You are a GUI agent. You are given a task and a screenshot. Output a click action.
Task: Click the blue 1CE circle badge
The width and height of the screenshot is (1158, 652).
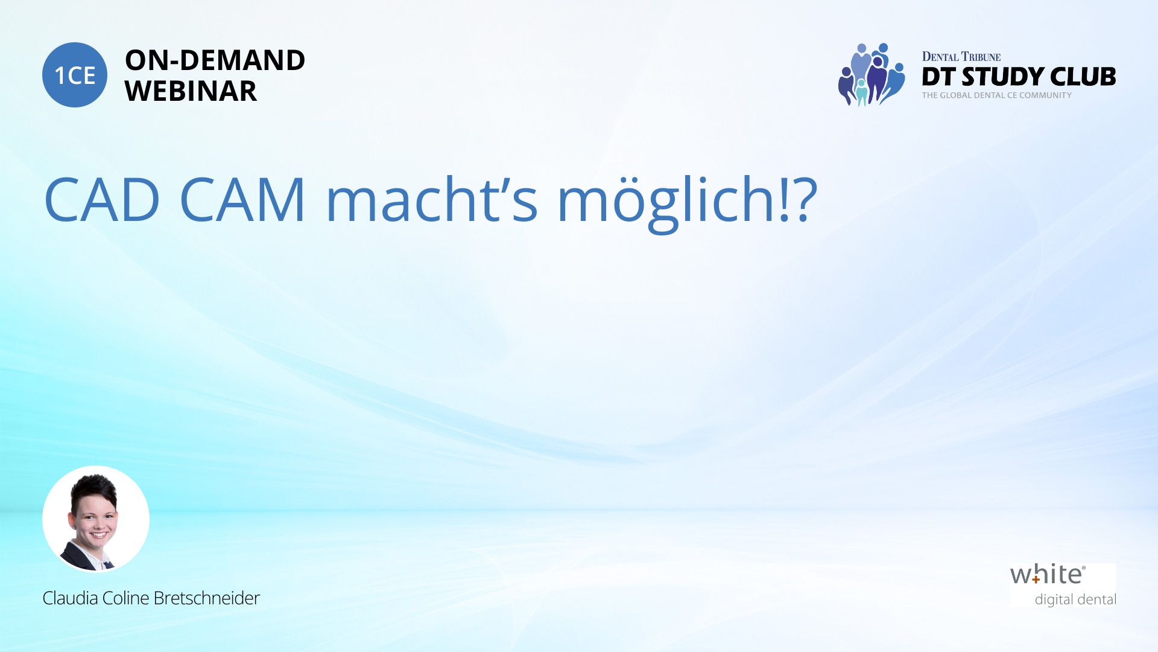(75, 75)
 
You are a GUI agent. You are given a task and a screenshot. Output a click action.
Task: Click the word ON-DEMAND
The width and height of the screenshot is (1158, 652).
(215, 60)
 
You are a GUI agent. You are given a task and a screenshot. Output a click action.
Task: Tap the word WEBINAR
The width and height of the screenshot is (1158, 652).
(191, 91)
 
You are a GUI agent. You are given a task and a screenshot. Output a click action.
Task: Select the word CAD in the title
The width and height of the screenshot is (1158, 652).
(102, 199)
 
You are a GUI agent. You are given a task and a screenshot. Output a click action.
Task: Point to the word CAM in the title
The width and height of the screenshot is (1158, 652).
(242, 199)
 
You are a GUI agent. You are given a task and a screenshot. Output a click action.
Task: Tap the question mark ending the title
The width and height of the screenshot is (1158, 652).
(803, 199)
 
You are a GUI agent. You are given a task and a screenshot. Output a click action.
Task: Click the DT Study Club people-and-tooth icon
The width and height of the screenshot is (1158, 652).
(871, 75)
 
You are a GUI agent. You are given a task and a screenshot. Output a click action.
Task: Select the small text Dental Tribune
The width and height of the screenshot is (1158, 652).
(961, 57)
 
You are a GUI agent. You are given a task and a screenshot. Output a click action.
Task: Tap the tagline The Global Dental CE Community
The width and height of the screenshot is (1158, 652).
(996, 95)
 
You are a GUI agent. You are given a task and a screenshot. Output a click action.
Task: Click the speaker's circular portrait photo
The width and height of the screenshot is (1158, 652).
(96, 519)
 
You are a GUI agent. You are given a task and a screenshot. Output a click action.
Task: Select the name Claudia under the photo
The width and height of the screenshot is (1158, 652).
(70, 598)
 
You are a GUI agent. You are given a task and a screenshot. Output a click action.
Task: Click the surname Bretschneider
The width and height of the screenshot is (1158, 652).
(206, 598)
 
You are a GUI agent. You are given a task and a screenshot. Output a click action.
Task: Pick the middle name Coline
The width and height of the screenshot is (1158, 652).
(125, 598)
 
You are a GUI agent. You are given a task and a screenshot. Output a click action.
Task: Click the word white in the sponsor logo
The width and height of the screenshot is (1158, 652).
(1048, 575)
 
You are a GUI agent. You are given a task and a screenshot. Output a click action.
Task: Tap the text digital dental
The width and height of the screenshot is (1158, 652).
(1075, 600)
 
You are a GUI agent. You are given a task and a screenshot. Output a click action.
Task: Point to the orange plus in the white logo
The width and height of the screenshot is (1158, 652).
(1036, 579)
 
